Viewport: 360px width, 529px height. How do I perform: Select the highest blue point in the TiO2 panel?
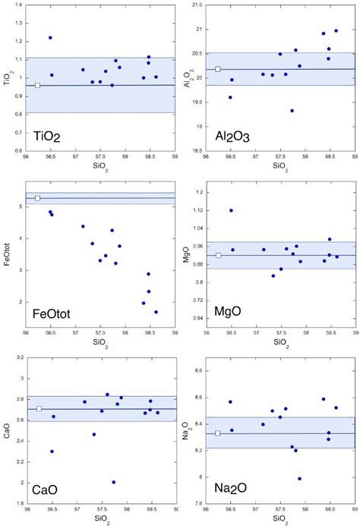click(x=50, y=37)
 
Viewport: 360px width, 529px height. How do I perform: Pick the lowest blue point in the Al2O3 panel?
click(x=292, y=111)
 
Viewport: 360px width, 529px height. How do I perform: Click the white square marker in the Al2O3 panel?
click(x=218, y=69)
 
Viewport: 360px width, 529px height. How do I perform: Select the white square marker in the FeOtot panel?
click(x=37, y=198)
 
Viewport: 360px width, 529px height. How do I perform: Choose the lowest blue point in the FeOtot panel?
click(x=156, y=312)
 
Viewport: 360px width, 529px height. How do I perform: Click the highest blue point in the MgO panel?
click(x=231, y=210)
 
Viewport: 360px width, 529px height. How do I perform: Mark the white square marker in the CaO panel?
click(x=39, y=409)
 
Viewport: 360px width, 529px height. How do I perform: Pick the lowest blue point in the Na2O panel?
click(x=299, y=479)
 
